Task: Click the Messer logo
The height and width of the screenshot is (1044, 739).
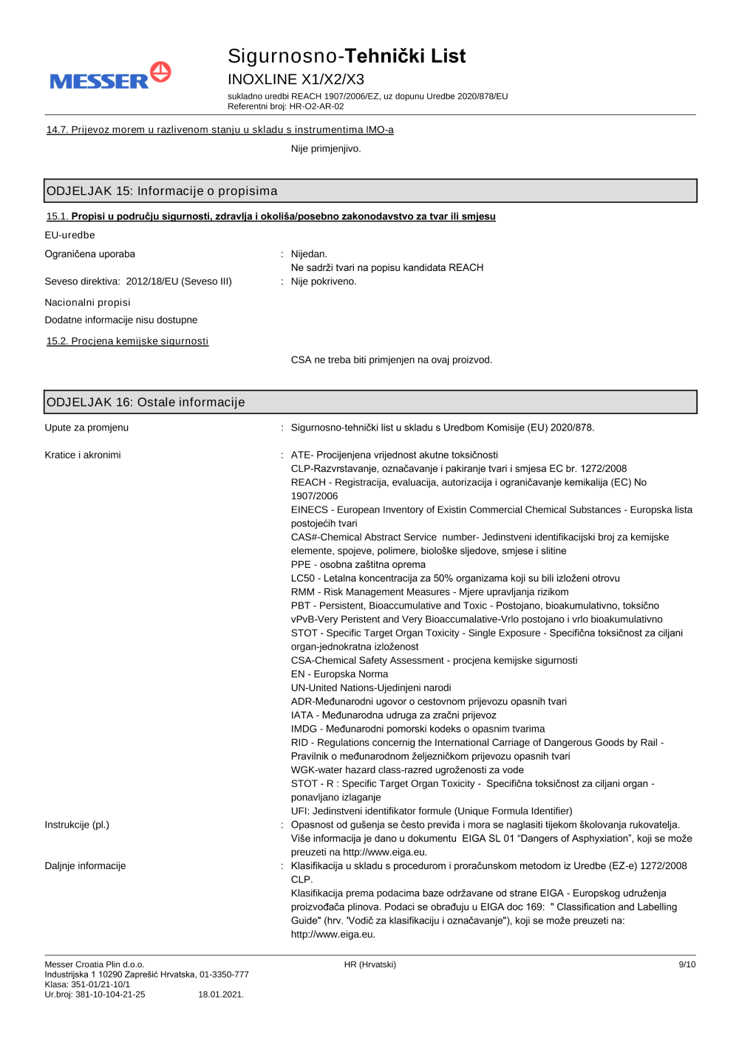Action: coord(109,77)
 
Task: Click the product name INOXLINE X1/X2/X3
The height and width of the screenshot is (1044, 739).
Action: coord(296,80)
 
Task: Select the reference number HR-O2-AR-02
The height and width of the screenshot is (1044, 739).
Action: coord(316,106)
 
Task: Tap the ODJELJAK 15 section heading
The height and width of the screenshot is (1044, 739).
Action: coord(162,191)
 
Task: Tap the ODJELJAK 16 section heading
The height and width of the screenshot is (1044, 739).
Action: coord(146,402)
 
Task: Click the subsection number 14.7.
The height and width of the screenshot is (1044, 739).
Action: coord(57,130)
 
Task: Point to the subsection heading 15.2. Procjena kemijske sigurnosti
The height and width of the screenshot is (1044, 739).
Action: coord(127,341)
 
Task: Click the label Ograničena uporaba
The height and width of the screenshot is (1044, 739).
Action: coord(89,254)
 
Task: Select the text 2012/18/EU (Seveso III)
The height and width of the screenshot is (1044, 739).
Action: coord(179,281)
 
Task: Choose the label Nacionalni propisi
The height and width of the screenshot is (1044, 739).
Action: coord(87,303)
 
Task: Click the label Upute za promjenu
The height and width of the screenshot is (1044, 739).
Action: coord(86,427)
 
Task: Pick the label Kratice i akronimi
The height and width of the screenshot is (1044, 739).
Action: coord(83,455)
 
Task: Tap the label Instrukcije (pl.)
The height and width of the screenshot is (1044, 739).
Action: coord(77,825)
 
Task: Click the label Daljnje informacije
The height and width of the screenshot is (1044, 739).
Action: coord(85,866)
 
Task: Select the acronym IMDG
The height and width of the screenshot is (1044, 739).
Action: coord(304,729)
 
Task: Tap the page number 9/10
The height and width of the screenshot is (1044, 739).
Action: coord(687,964)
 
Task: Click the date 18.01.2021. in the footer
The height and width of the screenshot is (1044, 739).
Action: coord(221,995)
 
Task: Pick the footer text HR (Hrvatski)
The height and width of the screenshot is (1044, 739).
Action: coord(369,964)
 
